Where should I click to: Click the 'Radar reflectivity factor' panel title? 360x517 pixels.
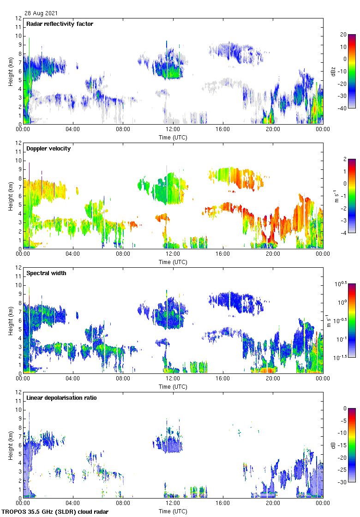tap(60, 24)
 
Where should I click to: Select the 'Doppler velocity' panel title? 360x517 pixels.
tap(48, 149)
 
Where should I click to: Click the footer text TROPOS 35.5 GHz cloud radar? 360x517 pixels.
tap(56, 512)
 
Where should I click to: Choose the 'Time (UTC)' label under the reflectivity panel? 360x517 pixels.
tap(173, 138)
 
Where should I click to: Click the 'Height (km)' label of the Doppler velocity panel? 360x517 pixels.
tap(10, 196)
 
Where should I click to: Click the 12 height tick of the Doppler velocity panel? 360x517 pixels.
tap(18, 143)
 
